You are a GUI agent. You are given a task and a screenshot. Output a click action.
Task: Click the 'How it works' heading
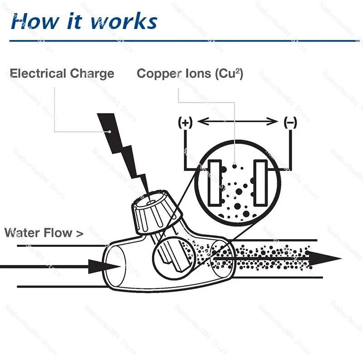[x=84, y=21]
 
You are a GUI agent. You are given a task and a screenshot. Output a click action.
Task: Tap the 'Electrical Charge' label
[x=62, y=74]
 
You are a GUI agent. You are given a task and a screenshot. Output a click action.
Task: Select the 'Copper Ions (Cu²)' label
[x=190, y=74]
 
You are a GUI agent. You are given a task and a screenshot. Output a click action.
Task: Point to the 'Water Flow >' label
[x=44, y=233]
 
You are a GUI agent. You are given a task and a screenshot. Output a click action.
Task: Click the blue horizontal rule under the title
[x=181, y=41]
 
